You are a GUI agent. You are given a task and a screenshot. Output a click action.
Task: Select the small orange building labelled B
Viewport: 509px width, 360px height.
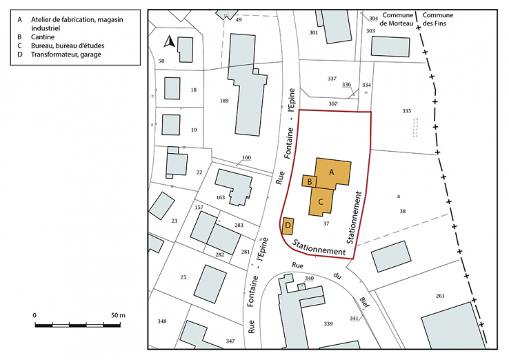click(x=310, y=181)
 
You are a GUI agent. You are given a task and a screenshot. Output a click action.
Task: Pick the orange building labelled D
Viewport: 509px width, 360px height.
click(x=288, y=226)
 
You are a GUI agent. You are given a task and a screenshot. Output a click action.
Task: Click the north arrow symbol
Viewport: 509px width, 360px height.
click(x=168, y=43)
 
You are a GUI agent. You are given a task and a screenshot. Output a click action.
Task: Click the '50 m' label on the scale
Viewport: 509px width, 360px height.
click(x=117, y=315)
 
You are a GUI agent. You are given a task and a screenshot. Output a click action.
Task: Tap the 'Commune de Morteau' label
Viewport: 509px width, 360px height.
click(x=397, y=19)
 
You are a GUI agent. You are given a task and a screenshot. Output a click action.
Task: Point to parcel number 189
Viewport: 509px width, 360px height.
click(x=224, y=101)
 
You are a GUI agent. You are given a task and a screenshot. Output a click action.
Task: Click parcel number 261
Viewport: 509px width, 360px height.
click(x=440, y=297)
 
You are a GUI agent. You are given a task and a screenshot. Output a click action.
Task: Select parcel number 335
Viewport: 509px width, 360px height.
click(x=406, y=110)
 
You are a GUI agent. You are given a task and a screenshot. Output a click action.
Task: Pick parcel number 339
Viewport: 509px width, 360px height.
click(x=328, y=323)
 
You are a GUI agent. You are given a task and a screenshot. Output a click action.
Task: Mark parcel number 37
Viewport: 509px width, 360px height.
click(x=326, y=223)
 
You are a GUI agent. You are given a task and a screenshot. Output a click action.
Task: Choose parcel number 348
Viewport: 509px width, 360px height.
click(x=162, y=321)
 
